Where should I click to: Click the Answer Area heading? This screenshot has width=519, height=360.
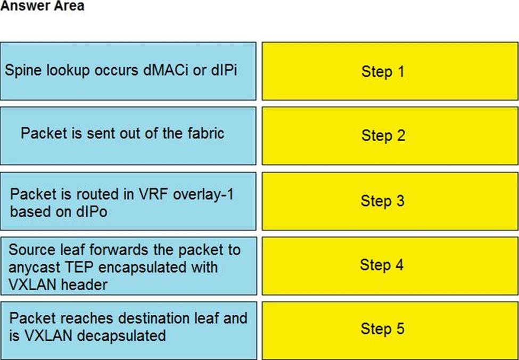click(x=42, y=6)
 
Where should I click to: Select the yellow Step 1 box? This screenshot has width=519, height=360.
click(x=390, y=71)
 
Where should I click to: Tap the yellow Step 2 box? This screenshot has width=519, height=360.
click(x=390, y=135)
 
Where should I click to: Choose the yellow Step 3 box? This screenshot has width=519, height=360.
click(x=390, y=201)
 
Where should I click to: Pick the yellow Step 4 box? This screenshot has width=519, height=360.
click(x=390, y=265)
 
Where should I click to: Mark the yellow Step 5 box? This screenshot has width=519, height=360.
click(x=390, y=330)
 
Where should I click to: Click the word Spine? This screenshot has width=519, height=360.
click(x=23, y=70)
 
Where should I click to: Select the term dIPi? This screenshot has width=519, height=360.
click(x=224, y=70)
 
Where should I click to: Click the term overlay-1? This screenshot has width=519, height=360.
click(x=203, y=194)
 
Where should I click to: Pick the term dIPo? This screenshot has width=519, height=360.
click(x=92, y=212)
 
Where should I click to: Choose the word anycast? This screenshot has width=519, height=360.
click(x=30, y=267)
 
